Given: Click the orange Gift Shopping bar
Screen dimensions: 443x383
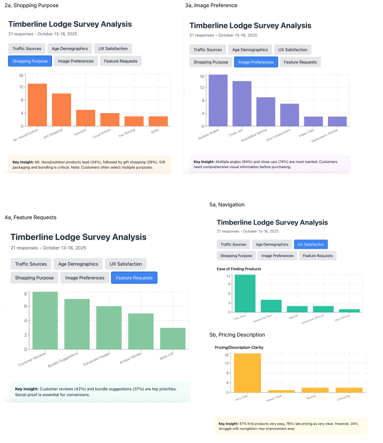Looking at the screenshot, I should pyautogui.click(x=61, y=109).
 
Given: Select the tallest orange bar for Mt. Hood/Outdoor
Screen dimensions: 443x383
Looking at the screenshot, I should pyautogui.click(x=37, y=105).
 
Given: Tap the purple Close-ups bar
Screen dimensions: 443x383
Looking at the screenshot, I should pyautogui.click(x=242, y=103).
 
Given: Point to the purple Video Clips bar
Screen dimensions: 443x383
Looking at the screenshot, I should pyautogui.click(x=314, y=121).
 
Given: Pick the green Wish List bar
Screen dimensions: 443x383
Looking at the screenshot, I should pyautogui.click(x=172, y=338).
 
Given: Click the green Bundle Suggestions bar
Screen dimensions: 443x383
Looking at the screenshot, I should pyautogui.click(x=77, y=324).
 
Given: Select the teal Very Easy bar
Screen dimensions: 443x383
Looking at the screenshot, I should pyautogui.click(x=245, y=293).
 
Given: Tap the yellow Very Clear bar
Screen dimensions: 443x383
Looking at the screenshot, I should pyautogui.click(x=247, y=373).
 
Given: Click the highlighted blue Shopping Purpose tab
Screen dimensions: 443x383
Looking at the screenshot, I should pyautogui.click(x=30, y=61).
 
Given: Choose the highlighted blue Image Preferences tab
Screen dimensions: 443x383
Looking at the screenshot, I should pyautogui.click(x=256, y=62).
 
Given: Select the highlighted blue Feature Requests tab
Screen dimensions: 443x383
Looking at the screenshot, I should pyautogui.click(x=134, y=278).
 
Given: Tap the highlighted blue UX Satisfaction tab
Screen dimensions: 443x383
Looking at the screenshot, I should pyautogui.click(x=311, y=245).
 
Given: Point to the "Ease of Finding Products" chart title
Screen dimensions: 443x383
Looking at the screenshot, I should pyautogui.click(x=238, y=269).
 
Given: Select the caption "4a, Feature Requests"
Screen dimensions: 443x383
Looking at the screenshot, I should pyautogui.click(x=30, y=217).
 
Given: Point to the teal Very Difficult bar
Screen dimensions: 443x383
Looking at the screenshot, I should pyautogui.click(x=350, y=310).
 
